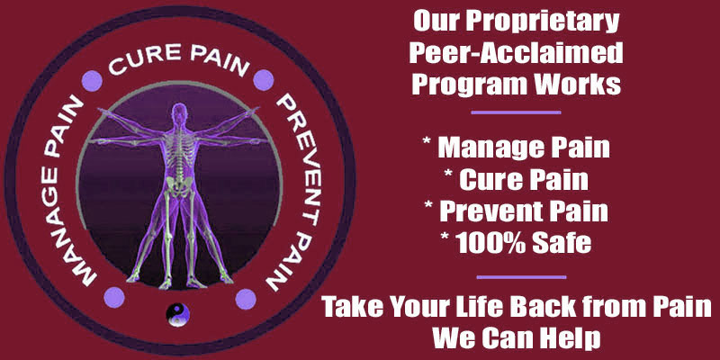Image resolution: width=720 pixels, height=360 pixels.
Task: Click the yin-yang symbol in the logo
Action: (x=177, y=315)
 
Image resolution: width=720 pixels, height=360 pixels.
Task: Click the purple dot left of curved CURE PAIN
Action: (x=92, y=81)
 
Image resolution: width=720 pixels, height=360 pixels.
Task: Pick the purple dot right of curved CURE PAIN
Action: (x=264, y=80)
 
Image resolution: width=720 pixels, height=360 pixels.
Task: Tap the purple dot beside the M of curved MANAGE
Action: (x=114, y=297)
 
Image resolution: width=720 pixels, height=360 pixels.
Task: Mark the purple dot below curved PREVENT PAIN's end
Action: (x=246, y=299)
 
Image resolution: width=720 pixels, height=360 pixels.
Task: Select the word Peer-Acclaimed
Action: (x=516, y=53)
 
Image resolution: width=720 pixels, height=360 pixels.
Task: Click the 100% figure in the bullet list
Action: (x=490, y=242)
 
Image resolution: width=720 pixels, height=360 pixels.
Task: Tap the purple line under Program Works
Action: (x=516, y=112)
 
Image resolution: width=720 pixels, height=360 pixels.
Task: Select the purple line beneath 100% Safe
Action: (x=522, y=277)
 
